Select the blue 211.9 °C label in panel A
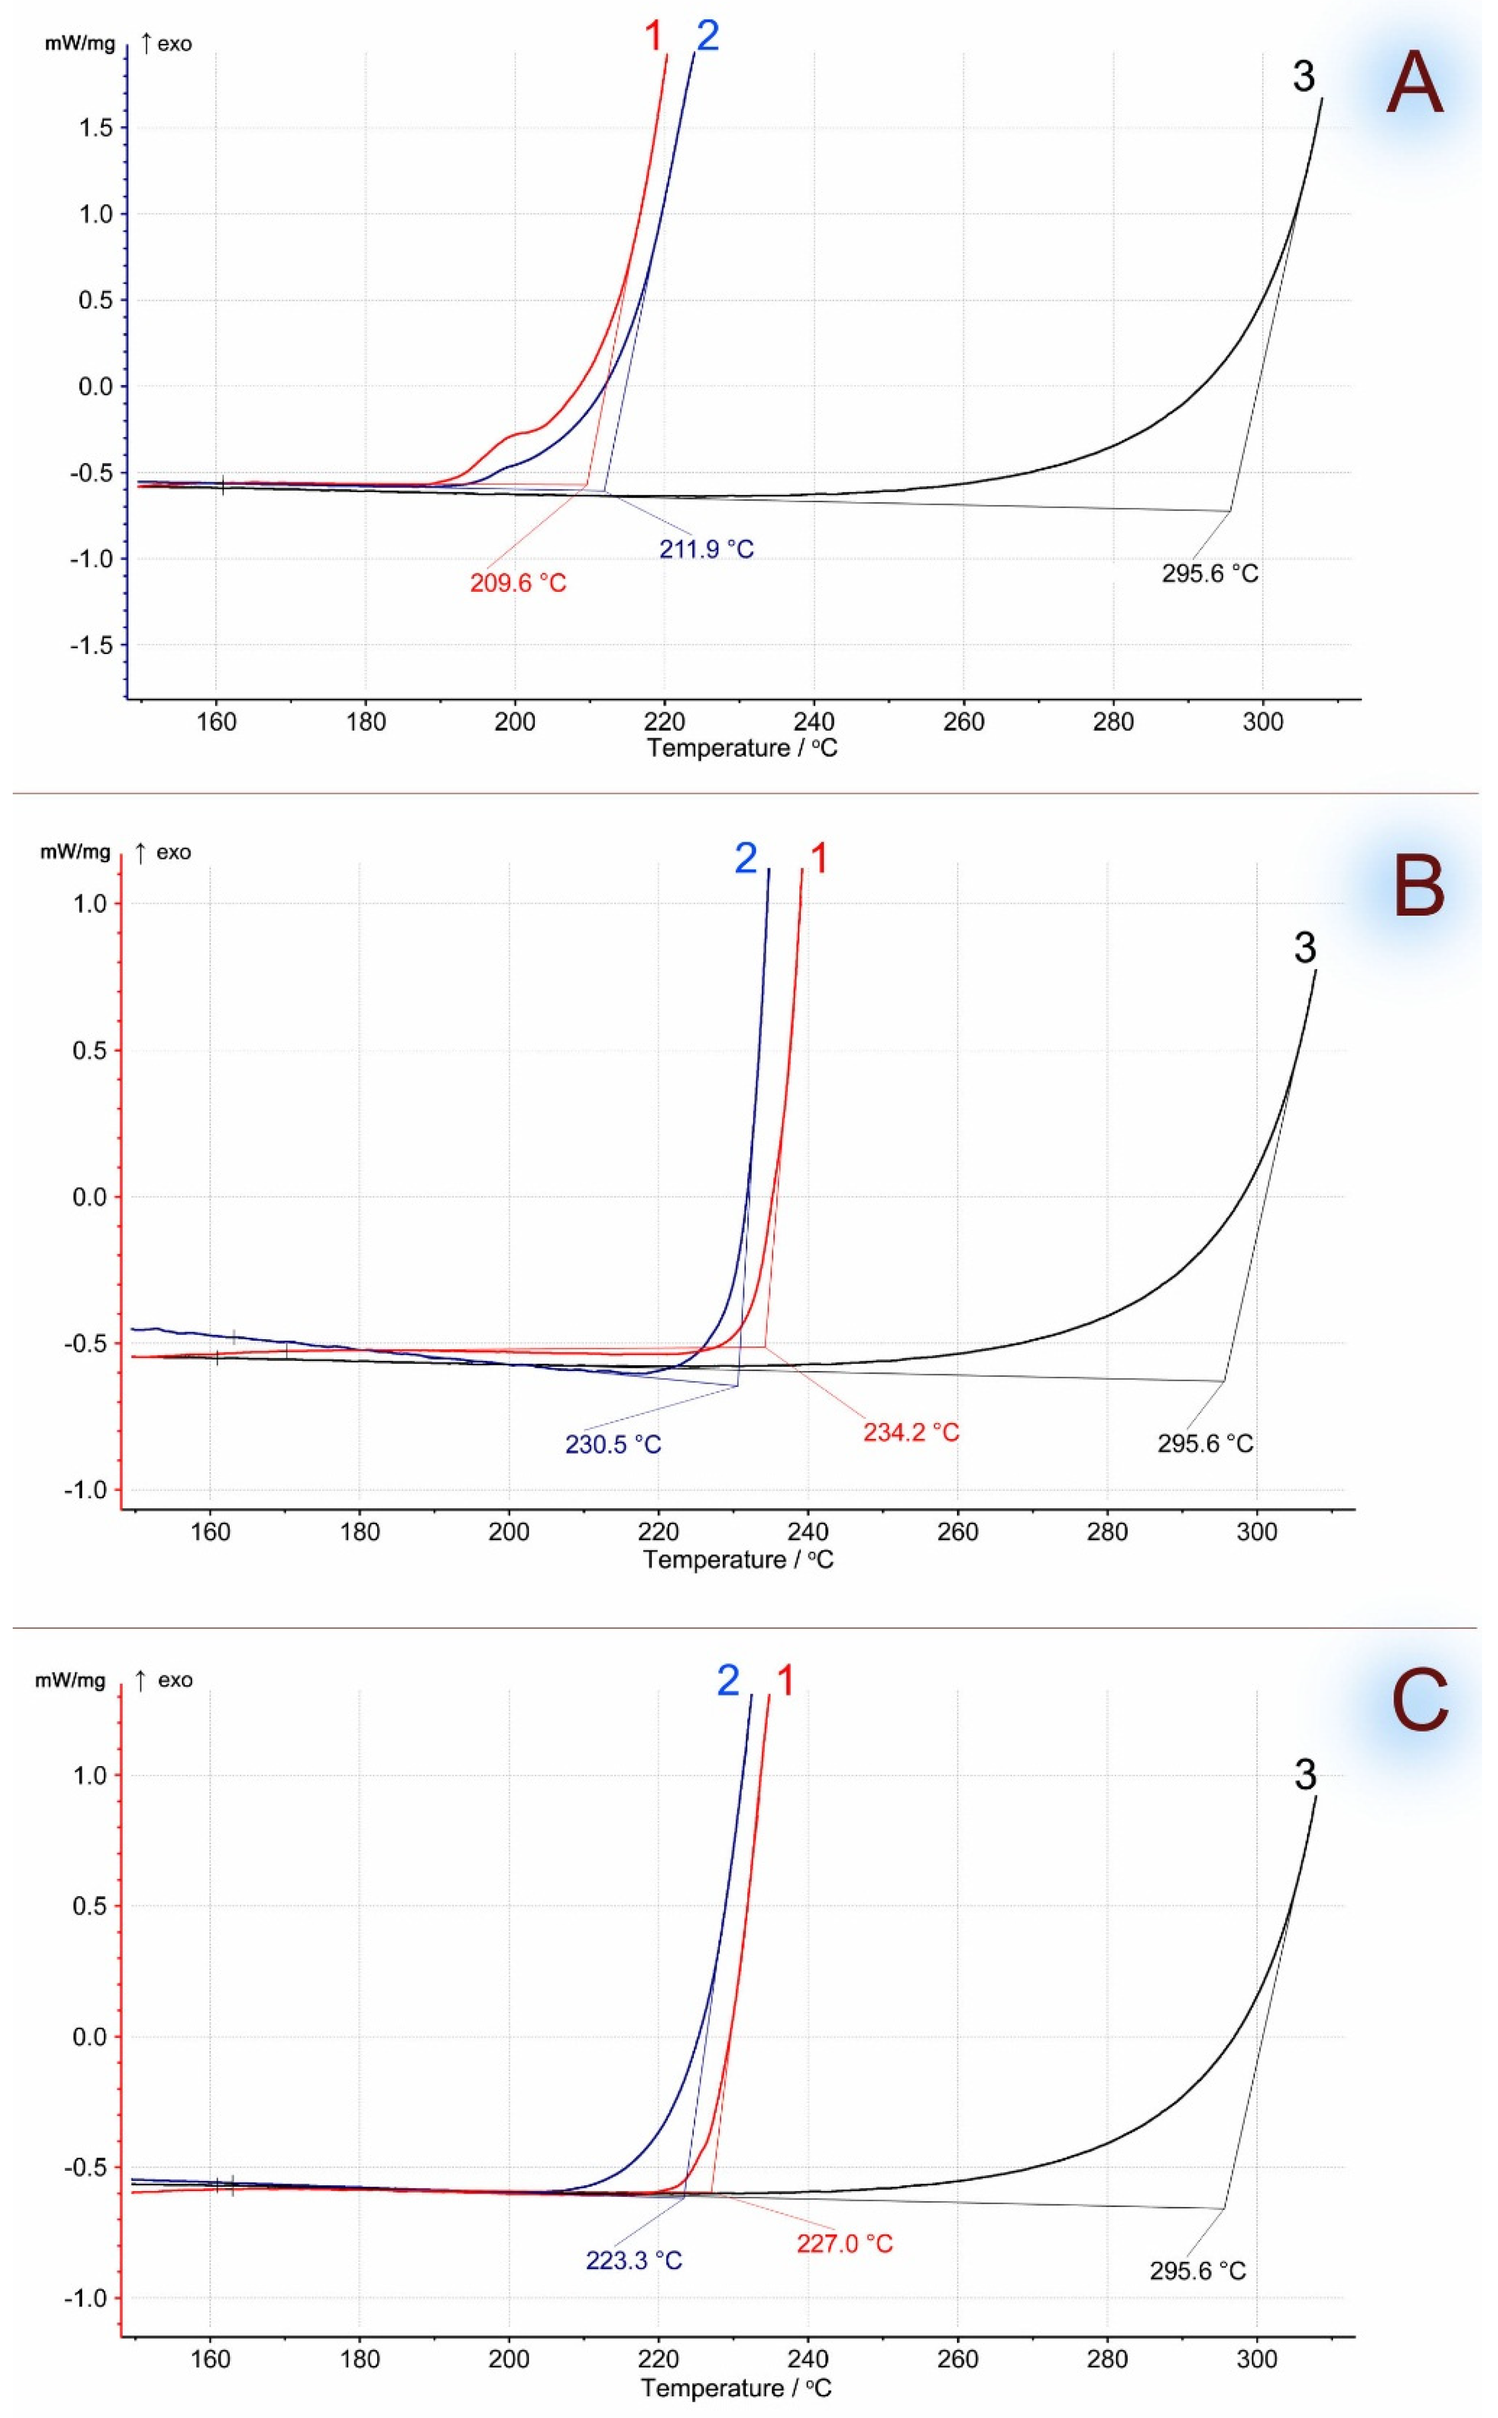pos(707,549)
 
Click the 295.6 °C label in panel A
pos(1209,573)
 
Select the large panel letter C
pos(1419,1703)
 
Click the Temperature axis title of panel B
pos(738,1559)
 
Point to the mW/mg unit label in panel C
pos(71,1681)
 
